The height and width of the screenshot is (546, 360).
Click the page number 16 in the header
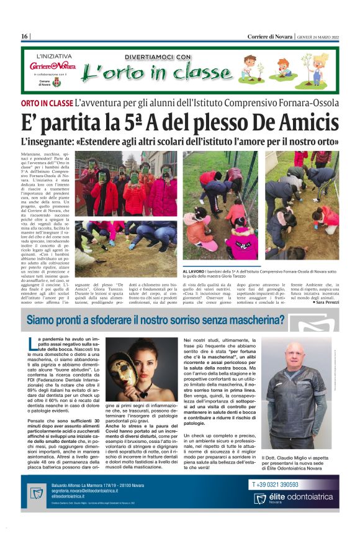coord(25,37)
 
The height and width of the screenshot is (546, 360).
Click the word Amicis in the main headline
coord(307,121)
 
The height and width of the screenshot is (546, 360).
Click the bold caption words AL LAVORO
coord(194,271)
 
